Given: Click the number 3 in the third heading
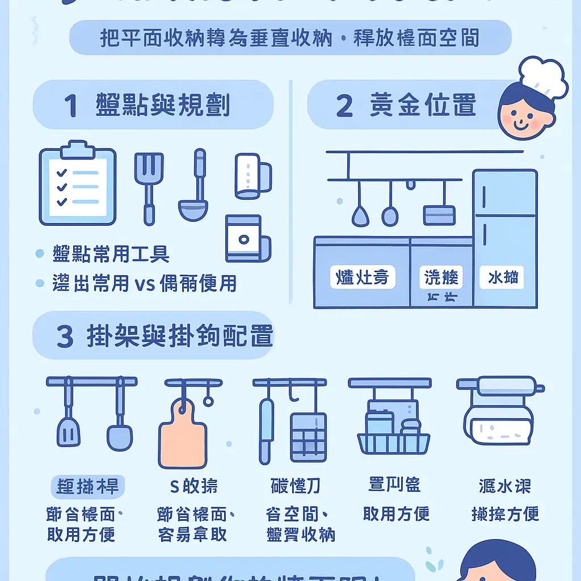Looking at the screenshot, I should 65,337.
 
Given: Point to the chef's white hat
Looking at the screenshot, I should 543,76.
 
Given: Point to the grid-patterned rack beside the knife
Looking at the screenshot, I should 308,436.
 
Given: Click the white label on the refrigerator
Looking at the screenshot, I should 502,277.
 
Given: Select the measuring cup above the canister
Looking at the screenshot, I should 252,176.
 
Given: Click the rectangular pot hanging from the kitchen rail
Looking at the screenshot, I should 439,214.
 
